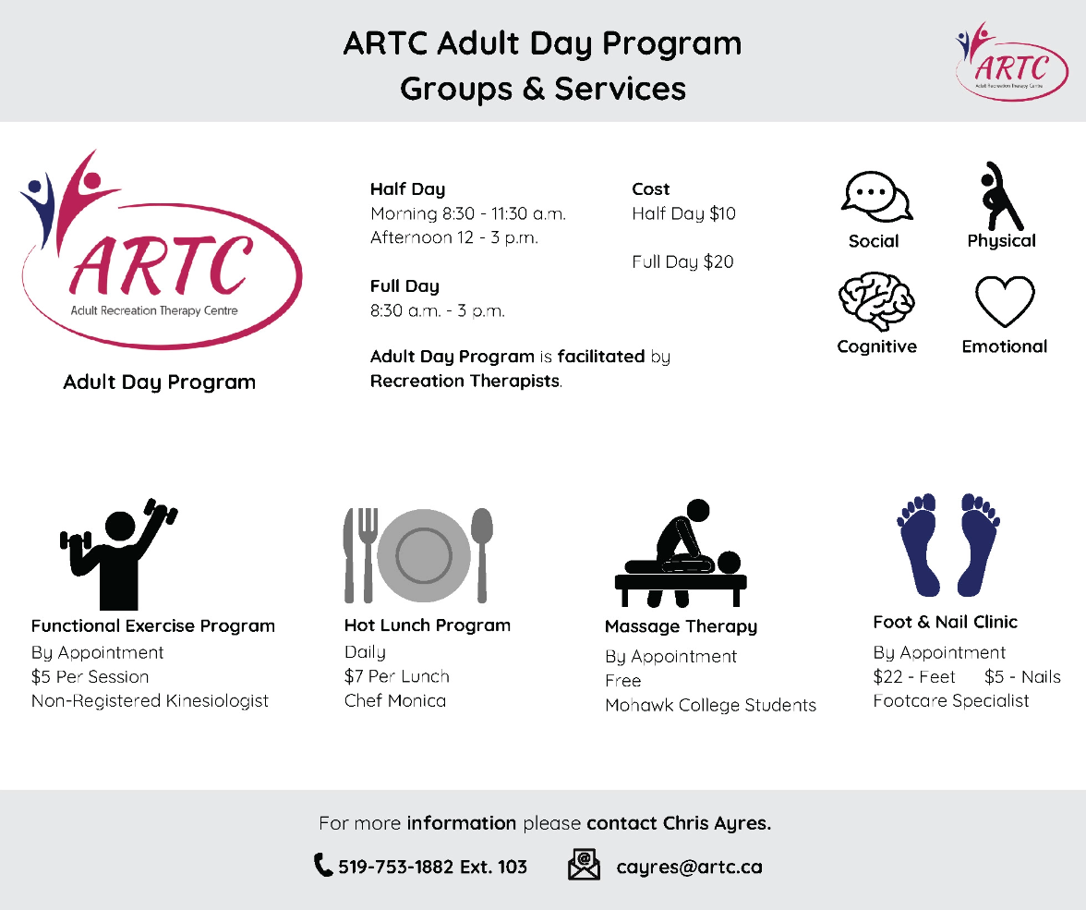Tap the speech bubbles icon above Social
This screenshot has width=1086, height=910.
point(875,197)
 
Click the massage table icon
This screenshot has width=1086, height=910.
point(681,554)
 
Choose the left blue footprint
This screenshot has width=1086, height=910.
point(919,543)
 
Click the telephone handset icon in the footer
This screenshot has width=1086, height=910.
point(323,866)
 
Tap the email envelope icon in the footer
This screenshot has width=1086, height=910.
point(584,865)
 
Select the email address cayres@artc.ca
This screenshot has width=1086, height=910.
point(689,868)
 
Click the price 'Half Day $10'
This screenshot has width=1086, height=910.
point(683,214)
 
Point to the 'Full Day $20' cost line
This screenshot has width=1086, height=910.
point(682,262)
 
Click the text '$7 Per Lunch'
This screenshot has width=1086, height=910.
point(396,676)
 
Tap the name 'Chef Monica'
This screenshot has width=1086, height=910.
point(394,700)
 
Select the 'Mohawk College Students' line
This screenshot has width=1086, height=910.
point(710,705)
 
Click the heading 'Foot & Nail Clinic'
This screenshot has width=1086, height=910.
point(945,622)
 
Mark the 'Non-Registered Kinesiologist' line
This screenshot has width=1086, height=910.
point(150,700)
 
